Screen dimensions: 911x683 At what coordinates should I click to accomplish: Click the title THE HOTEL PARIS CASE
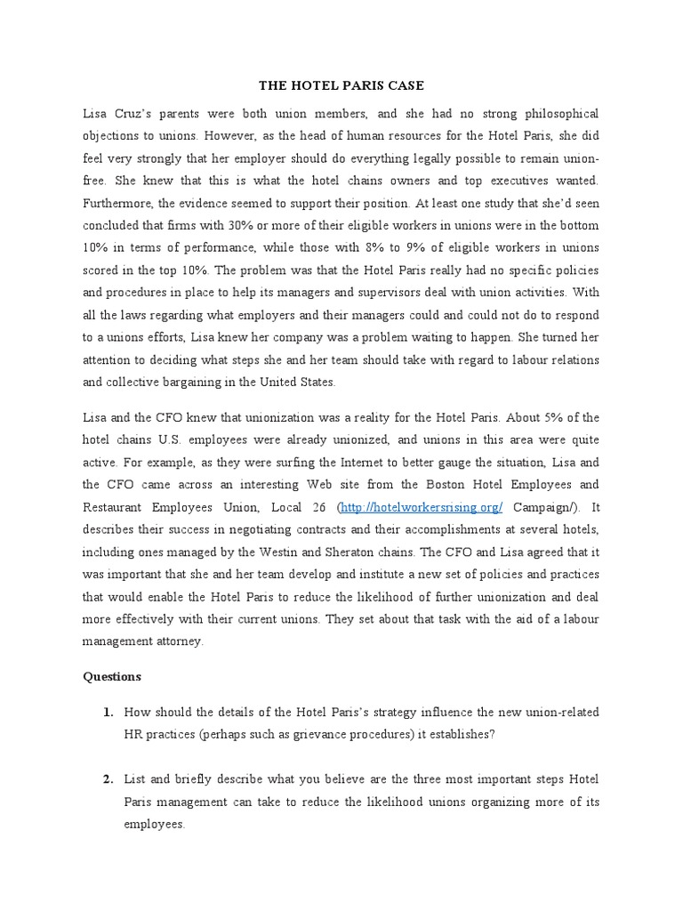click(341, 86)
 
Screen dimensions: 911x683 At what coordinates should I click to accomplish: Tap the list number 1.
click(108, 712)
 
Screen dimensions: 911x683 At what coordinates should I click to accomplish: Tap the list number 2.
click(108, 779)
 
